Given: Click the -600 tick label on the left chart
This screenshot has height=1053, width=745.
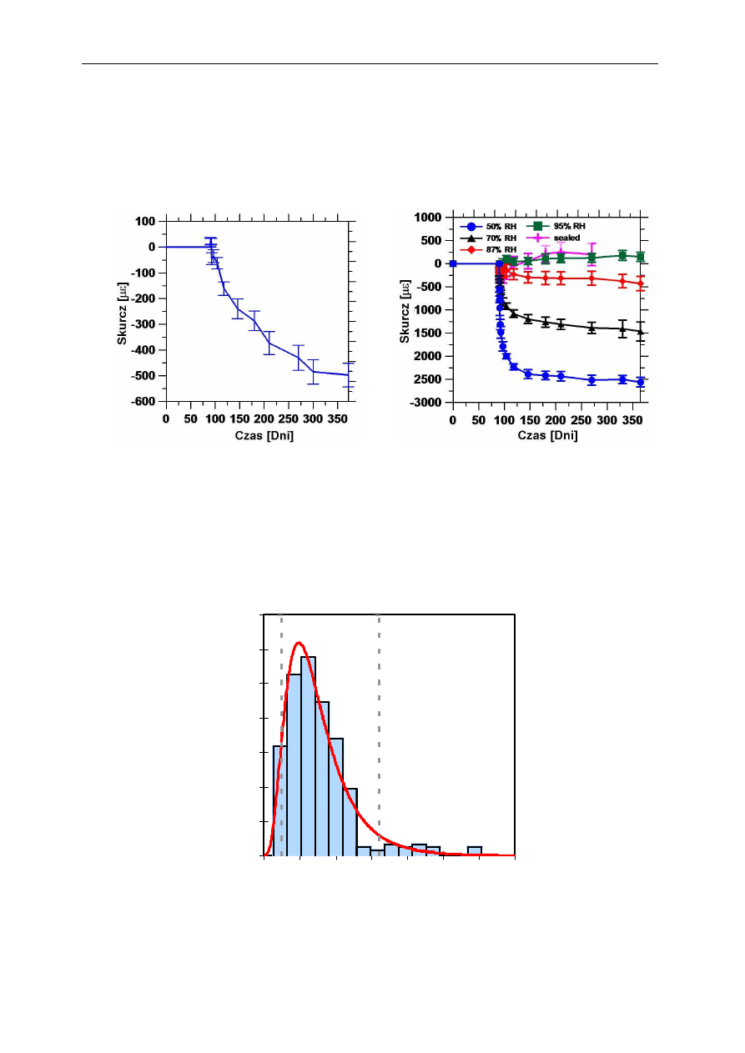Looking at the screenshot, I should (141, 401).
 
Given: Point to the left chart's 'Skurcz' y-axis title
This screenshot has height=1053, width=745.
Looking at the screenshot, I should (123, 310).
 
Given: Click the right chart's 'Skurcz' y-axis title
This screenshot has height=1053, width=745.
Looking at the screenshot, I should (405, 310).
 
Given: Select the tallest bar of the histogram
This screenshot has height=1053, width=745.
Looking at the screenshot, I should (308, 755).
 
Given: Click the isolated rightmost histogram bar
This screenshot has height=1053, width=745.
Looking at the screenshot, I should (474, 850).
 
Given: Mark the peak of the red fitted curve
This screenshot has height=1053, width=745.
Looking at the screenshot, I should (299, 643).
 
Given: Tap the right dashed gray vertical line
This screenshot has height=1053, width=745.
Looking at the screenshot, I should (380, 734).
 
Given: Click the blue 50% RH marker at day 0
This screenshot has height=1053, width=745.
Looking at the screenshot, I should (453, 263).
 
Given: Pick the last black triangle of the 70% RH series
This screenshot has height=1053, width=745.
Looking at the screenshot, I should (640, 331).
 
